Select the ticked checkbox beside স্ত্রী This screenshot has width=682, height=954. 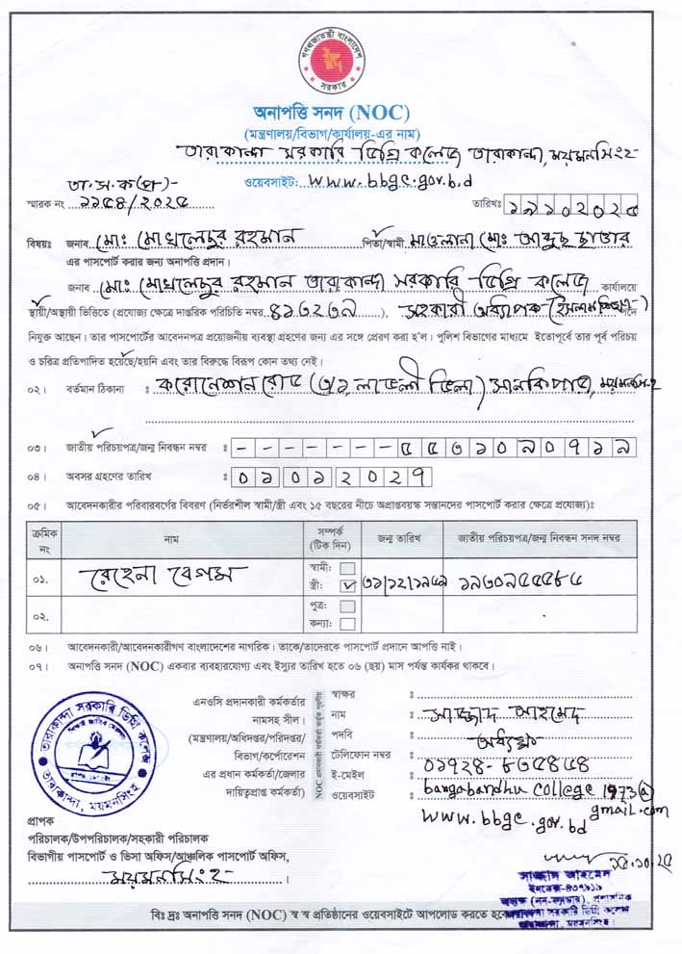(347, 584)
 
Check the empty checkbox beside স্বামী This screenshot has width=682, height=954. (347, 567)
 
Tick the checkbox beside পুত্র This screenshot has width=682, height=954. (347, 606)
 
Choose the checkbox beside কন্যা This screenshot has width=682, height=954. (347, 622)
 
